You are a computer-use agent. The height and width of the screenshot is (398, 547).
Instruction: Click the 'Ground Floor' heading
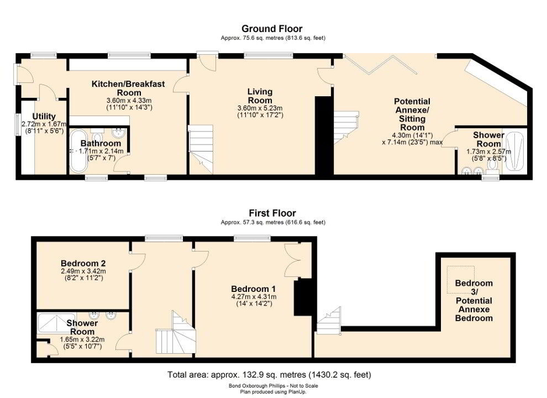click(x=273, y=29)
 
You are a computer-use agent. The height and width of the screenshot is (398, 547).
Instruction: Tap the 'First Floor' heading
click(x=273, y=213)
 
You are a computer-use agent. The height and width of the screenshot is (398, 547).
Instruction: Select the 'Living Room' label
click(x=260, y=96)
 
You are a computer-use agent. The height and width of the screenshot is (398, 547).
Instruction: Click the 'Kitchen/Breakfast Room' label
click(x=128, y=88)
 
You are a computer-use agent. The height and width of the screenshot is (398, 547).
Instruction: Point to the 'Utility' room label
click(x=44, y=117)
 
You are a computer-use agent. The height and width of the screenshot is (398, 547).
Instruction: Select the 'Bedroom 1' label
click(x=253, y=288)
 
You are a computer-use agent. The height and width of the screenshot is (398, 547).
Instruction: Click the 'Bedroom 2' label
click(x=83, y=262)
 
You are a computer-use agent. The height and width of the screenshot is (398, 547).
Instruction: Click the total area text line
click(x=269, y=375)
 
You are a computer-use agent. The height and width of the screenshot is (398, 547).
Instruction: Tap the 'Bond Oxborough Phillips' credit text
click(x=273, y=386)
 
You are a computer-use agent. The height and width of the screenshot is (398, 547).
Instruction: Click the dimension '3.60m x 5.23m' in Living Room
click(x=260, y=108)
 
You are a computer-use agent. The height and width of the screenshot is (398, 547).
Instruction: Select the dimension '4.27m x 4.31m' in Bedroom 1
click(x=253, y=296)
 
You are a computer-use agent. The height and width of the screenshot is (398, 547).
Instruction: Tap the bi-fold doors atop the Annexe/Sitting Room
click(x=381, y=64)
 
